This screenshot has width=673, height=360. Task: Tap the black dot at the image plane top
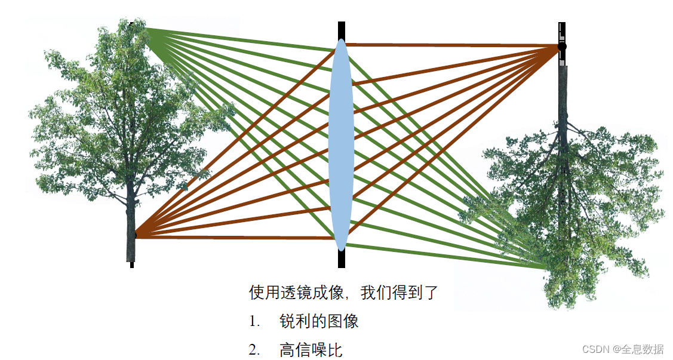coord(561,46)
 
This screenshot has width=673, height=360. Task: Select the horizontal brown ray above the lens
coord(454,45)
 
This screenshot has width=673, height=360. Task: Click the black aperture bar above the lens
coord(342,30)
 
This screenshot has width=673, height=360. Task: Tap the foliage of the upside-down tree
coord(573,197)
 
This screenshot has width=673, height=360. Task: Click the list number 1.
coord(254,322)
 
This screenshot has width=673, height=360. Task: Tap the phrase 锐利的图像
coord(319,322)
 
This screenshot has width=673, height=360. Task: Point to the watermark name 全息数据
coord(644,349)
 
